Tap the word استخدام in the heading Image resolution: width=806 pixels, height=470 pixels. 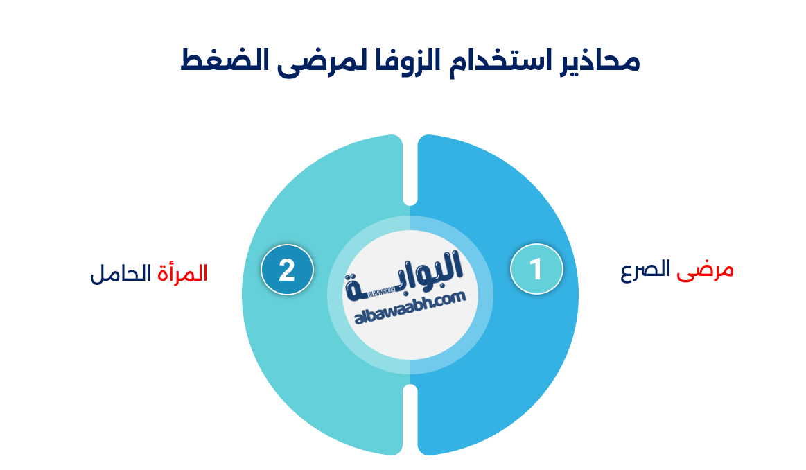click(x=496, y=61)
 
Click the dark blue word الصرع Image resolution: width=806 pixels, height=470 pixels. click(x=646, y=270)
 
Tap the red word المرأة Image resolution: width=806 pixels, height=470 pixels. click(x=182, y=273)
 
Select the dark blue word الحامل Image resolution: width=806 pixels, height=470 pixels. click(x=121, y=273)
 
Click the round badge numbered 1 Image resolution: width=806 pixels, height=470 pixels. click(x=536, y=269)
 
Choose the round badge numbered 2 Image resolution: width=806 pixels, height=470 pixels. click(x=287, y=270)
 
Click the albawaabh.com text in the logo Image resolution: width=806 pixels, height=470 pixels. click(x=410, y=308)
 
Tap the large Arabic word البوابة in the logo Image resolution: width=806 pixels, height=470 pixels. click(x=404, y=275)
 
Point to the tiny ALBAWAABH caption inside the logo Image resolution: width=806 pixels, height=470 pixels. click(x=381, y=290)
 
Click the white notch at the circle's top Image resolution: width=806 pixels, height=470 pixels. click(x=410, y=170)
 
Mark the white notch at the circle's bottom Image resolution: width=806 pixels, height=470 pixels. click(x=410, y=420)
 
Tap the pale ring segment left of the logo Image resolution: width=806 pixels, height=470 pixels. click(x=335, y=295)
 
